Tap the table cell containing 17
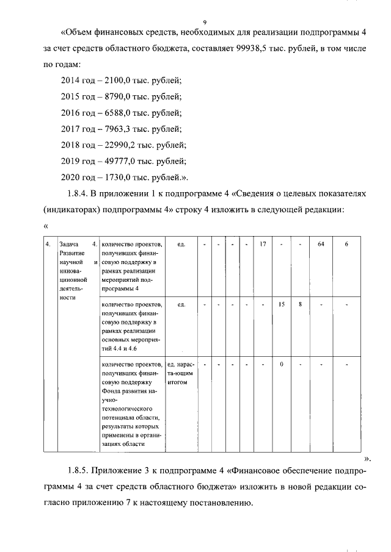click(263, 245)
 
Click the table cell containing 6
click(346, 245)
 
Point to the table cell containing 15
click(281, 304)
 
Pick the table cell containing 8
click(301, 304)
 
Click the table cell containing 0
click(281, 364)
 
